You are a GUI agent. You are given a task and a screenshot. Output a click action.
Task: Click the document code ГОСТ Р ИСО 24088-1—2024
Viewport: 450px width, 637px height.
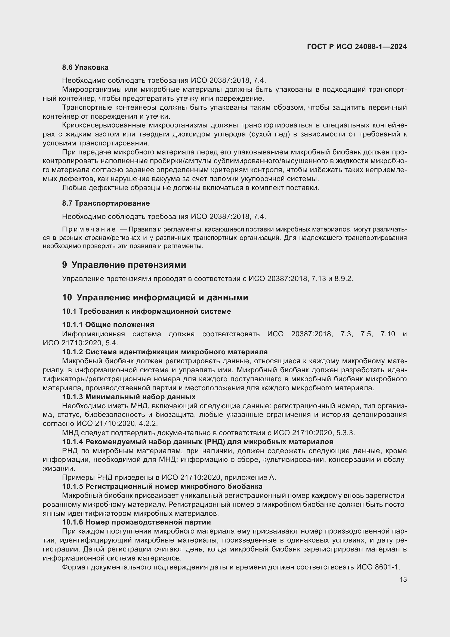click(357, 47)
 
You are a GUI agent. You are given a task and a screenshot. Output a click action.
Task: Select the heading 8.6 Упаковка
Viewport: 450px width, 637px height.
click(85, 68)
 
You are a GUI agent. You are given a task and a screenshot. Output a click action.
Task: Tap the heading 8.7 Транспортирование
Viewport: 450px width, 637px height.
click(106, 203)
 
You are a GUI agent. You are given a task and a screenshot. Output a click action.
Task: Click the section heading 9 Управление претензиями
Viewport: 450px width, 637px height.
click(124, 265)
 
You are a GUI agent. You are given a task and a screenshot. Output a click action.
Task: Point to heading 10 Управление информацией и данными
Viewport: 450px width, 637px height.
click(155, 298)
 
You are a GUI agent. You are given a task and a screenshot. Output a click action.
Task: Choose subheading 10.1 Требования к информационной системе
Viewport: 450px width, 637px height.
click(146, 311)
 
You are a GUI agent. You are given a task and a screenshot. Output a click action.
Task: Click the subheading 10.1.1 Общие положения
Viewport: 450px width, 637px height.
click(108, 325)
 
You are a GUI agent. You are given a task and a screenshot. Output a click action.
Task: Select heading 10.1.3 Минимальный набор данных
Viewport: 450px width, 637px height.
click(129, 397)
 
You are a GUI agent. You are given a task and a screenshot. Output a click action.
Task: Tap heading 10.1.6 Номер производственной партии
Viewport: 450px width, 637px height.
click(136, 522)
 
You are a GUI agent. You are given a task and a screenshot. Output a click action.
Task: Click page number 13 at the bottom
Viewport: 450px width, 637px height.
click(403, 579)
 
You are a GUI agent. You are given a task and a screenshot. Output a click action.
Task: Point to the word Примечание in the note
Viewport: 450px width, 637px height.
click(89, 229)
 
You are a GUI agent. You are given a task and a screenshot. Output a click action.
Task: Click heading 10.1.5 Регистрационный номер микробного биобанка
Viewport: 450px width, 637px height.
click(162, 486)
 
